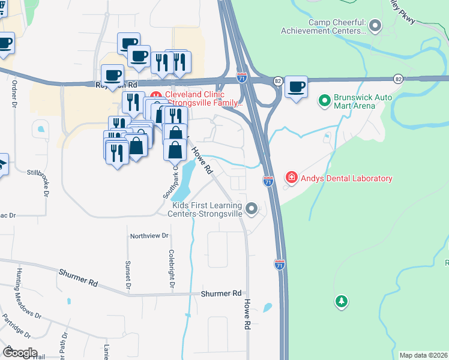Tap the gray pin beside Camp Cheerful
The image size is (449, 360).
tap(376, 26)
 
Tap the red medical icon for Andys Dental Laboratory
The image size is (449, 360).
tap(291, 178)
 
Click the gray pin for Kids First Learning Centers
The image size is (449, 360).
tap(252, 209)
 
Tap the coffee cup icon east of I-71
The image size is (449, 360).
tap(297, 86)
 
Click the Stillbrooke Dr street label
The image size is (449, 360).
tap(45, 184)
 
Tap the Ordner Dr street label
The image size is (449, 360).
tap(13, 92)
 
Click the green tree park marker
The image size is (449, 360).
tap(341, 301)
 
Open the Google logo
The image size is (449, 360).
tap(20, 353)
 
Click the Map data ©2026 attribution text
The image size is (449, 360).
tap(424, 355)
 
